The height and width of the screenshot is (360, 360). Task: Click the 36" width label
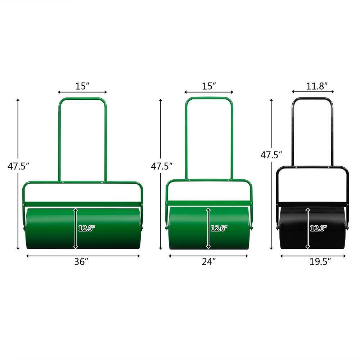(x=81, y=262)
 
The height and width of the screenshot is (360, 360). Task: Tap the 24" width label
(x=209, y=262)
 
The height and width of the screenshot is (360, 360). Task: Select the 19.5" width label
(x=320, y=262)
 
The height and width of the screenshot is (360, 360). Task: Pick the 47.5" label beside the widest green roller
(x=18, y=166)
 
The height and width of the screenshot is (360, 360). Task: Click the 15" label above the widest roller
(x=82, y=86)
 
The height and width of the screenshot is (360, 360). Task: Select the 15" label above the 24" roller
(x=209, y=86)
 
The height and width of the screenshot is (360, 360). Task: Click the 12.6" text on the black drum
(x=318, y=228)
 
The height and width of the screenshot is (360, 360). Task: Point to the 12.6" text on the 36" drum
(x=87, y=228)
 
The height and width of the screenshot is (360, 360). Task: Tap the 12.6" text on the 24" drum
(x=219, y=228)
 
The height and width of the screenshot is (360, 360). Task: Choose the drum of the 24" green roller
(x=187, y=230)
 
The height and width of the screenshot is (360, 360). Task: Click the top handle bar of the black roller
(x=312, y=98)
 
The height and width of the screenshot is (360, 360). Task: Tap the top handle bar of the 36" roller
(x=82, y=99)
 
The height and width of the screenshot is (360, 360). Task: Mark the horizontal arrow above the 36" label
(x=83, y=256)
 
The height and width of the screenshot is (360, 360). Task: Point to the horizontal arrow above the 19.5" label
(x=312, y=256)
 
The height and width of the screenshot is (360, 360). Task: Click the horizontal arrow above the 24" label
(x=209, y=256)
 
